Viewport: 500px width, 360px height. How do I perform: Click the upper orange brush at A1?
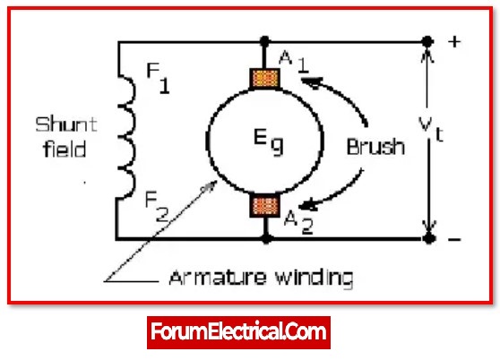(264, 79)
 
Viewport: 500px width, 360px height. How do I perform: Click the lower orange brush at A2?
(265, 206)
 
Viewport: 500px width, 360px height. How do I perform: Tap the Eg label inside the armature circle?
(268, 141)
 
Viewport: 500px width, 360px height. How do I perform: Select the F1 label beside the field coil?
(158, 78)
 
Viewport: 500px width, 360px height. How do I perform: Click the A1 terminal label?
(294, 62)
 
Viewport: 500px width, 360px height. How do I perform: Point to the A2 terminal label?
(298, 222)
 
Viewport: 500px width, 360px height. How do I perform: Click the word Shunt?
(66, 124)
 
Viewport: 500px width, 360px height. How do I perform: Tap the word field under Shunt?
(65, 149)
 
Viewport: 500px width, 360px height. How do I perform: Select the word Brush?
(375, 147)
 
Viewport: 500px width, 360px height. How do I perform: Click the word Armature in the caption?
(217, 278)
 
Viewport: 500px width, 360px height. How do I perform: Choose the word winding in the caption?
(314, 279)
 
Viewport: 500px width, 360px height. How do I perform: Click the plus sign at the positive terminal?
(454, 42)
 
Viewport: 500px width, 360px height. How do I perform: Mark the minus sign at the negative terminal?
(454, 239)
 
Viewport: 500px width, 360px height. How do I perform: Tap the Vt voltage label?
(431, 129)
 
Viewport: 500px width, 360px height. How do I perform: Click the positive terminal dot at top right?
(427, 41)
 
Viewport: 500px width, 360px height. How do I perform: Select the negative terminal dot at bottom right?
(429, 238)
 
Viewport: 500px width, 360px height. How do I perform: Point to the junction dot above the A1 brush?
(264, 41)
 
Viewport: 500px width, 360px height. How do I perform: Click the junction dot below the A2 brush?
(267, 238)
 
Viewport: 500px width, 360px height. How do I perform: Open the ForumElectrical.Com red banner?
(238, 332)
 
